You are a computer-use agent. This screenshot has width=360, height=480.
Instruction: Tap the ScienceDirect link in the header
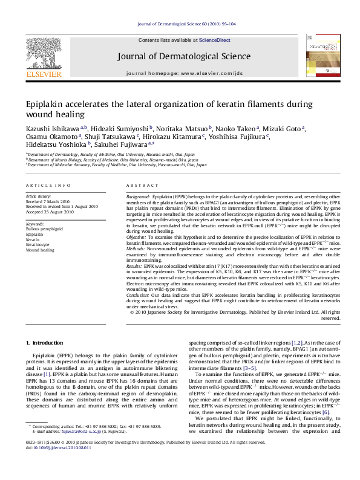pyautogui.click(x=215, y=40)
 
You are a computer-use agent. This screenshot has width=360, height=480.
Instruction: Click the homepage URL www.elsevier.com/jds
pyautogui.click(x=211, y=73)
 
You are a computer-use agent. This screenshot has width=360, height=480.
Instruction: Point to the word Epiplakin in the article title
pyautogui.click(x=45, y=104)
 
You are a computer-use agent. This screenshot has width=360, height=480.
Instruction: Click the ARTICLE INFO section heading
pyautogui.click(x=48, y=185)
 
